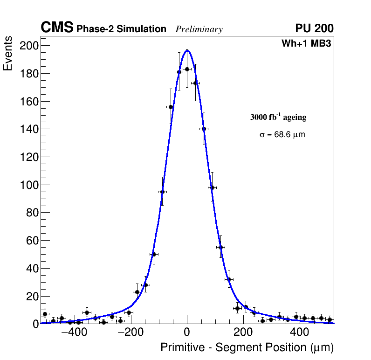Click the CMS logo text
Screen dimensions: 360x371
(x=57, y=28)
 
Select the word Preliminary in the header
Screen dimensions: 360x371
(x=199, y=29)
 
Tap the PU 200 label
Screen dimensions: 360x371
(x=314, y=28)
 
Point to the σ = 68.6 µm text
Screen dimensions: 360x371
(x=282, y=135)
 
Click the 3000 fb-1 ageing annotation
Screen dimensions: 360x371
(x=278, y=117)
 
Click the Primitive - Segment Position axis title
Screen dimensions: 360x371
(x=247, y=347)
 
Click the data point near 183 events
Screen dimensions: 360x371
(x=187, y=69)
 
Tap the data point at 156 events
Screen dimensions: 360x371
(x=171, y=107)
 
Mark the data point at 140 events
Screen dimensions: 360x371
(x=204, y=129)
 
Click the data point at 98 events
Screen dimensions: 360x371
(x=212, y=187)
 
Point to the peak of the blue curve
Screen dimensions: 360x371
(x=187, y=50)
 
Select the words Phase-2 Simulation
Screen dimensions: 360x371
(x=121, y=29)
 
